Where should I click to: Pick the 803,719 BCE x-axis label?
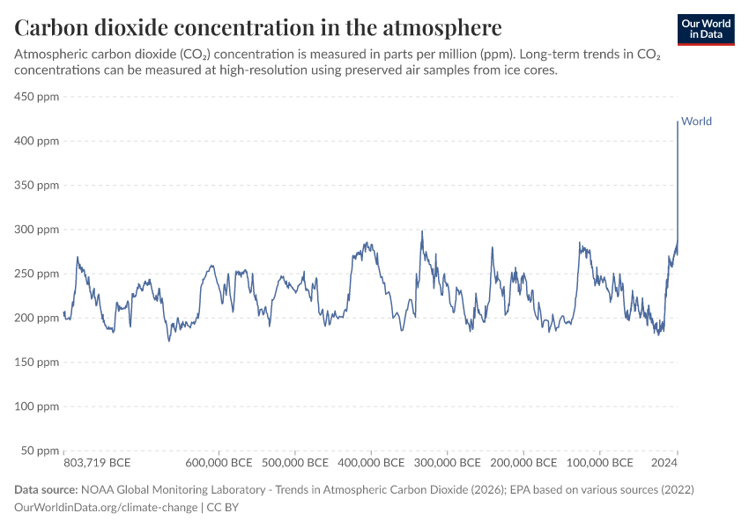click(98, 462)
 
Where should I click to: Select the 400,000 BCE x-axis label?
click(370, 462)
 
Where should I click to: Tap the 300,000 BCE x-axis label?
click(447, 462)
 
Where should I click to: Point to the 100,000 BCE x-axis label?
click(599, 462)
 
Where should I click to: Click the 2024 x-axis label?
click(664, 462)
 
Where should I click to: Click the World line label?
click(696, 121)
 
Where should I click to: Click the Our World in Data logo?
click(706, 29)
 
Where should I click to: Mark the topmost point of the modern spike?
click(678, 121)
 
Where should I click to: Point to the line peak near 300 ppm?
click(422, 231)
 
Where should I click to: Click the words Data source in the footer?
click(45, 489)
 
